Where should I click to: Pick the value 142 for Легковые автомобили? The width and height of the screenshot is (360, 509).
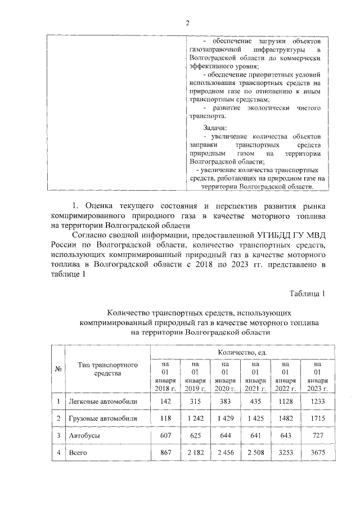tap(165, 402)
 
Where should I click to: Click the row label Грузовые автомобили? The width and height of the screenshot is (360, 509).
tap(102, 418)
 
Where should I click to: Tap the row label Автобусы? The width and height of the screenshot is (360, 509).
tap(84, 435)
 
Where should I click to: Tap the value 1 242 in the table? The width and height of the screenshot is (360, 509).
tap(195, 418)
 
